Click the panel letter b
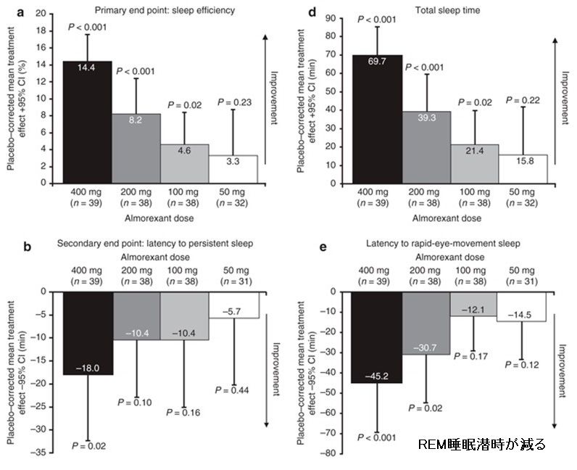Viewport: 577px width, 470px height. coord(27,246)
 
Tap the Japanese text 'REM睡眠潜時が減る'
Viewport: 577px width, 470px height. coord(482,444)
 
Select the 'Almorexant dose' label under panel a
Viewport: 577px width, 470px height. coord(159,217)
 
